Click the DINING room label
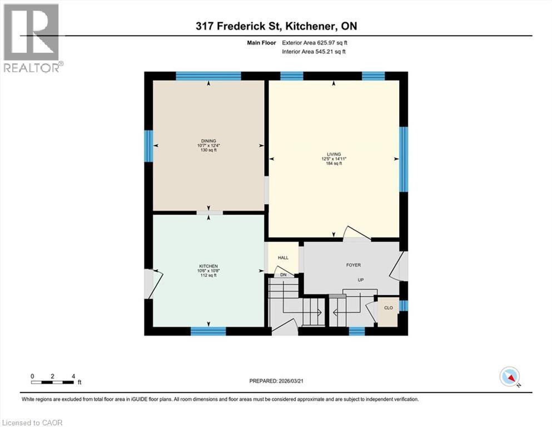(209, 141)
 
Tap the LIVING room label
(334, 154)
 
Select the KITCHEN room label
(208, 266)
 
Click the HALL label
(283, 258)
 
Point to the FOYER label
(354, 265)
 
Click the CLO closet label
(389, 307)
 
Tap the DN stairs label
(283, 275)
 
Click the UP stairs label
(360, 280)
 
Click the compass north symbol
(510, 377)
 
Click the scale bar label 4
(73, 376)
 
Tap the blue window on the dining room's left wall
(148, 146)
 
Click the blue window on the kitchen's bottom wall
(208, 331)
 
